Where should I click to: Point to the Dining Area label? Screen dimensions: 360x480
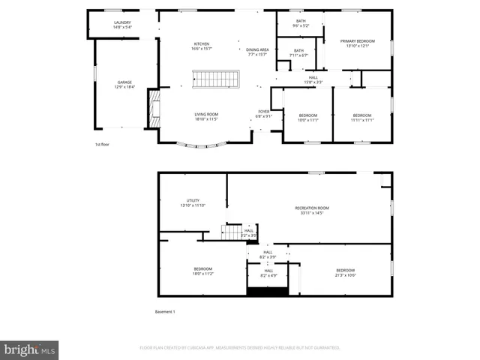pos(257,52)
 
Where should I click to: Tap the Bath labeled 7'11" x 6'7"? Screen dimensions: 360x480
pos(299,52)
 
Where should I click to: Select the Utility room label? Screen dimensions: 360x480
pos(193,202)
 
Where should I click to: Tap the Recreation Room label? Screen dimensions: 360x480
pos(311,210)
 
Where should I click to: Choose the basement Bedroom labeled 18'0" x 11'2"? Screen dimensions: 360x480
pos(203,271)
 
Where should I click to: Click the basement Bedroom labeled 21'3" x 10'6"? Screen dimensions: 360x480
pos(345,272)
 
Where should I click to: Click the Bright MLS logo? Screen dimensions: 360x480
pos(30,349)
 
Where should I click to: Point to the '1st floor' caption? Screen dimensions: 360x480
pos(103,144)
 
